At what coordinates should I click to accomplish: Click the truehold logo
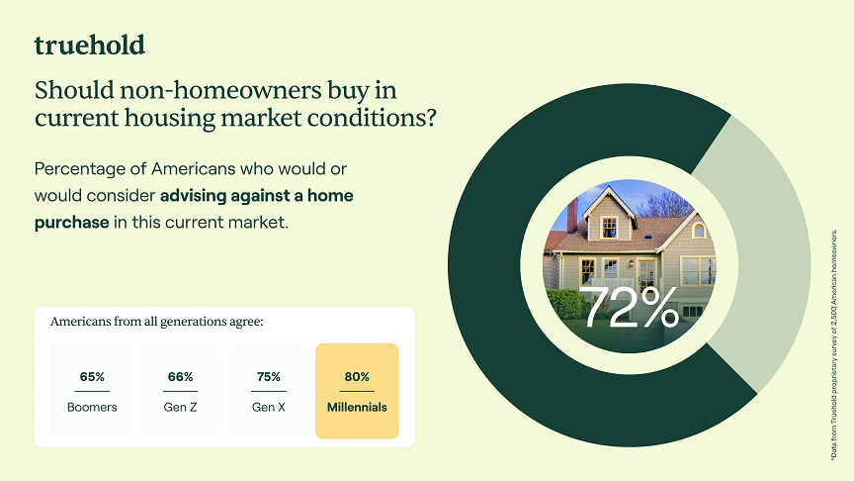click(90, 46)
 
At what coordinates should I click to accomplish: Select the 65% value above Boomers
click(92, 377)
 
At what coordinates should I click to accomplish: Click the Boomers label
click(92, 407)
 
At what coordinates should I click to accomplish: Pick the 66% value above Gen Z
click(180, 377)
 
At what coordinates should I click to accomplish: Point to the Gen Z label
click(180, 407)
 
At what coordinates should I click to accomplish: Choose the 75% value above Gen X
click(268, 377)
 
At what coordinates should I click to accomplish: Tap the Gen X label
click(268, 407)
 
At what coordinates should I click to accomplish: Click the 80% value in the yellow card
click(357, 377)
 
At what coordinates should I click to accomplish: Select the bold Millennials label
click(357, 407)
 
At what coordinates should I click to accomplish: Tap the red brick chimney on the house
click(572, 214)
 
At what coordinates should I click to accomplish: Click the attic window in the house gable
click(609, 226)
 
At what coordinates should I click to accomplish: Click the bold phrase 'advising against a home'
click(256, 195)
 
